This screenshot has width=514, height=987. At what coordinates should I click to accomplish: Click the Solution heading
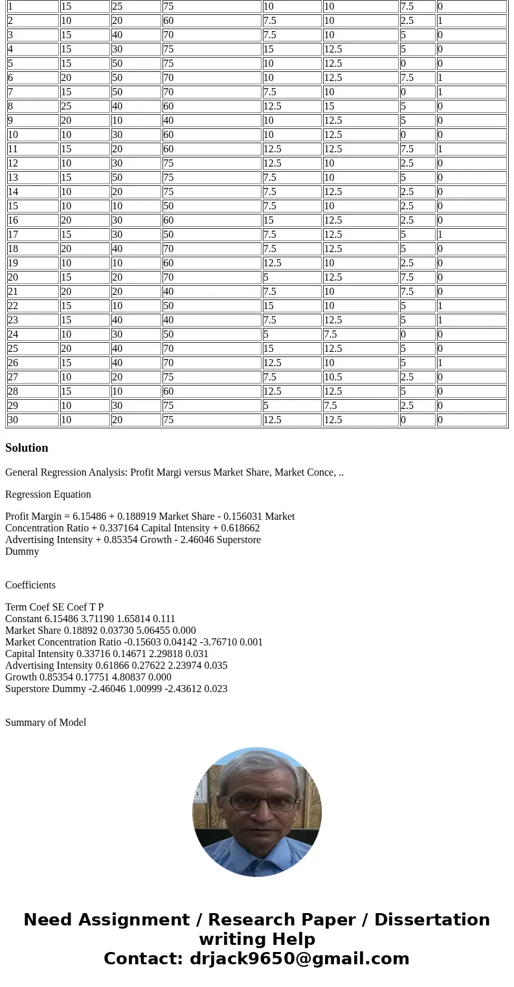(x=27, y=448)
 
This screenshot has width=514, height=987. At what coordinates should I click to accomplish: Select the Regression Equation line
(x=48, y=494)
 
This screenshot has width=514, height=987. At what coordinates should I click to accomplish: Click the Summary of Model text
(x=45, y=723)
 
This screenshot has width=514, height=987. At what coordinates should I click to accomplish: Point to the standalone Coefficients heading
(x=30, y=585)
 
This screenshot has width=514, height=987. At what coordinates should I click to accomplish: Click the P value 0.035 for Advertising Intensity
(x=216, y=666)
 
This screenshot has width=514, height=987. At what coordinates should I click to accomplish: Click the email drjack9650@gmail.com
(x=299, y=959)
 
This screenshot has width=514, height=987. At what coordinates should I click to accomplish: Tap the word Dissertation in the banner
(x=432, y=920)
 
